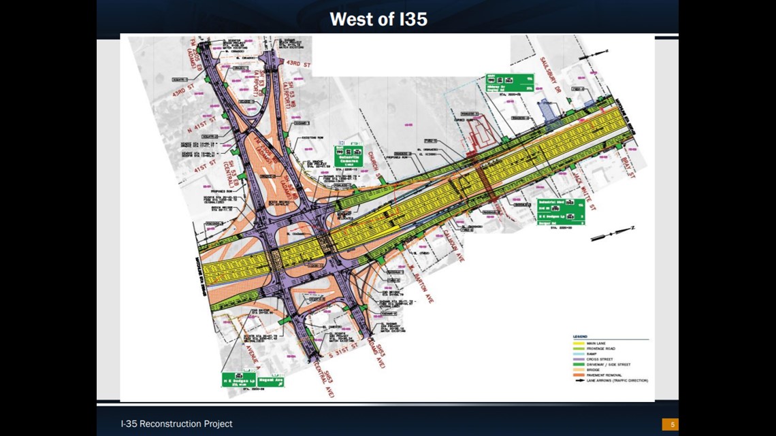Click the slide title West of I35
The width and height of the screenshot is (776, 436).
coord(378,19)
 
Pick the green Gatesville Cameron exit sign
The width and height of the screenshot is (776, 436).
coord(349,157)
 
